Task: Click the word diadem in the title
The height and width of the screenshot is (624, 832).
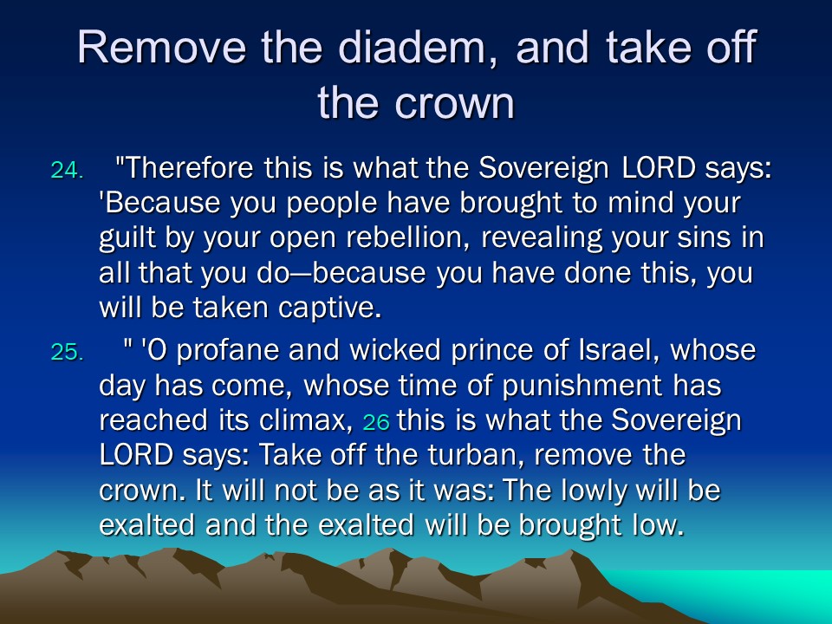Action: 412,47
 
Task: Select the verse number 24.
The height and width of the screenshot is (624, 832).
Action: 67,171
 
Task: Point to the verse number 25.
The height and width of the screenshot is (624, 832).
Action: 67,352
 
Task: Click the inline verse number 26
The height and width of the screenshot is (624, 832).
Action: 376,422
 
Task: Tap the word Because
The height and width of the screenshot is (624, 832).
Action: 159,203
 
